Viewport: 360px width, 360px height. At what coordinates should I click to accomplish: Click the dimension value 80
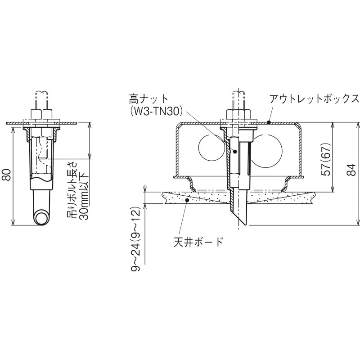point(6,173)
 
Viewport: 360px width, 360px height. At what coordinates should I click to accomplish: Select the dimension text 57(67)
point(327,161)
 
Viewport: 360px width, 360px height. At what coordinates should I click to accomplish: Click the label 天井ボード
point(198,242)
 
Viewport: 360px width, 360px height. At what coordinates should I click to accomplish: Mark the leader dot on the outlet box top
point(268,121)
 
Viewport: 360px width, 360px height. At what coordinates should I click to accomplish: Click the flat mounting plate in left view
point(42,122)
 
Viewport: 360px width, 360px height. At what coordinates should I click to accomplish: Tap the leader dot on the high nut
point(234,152)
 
